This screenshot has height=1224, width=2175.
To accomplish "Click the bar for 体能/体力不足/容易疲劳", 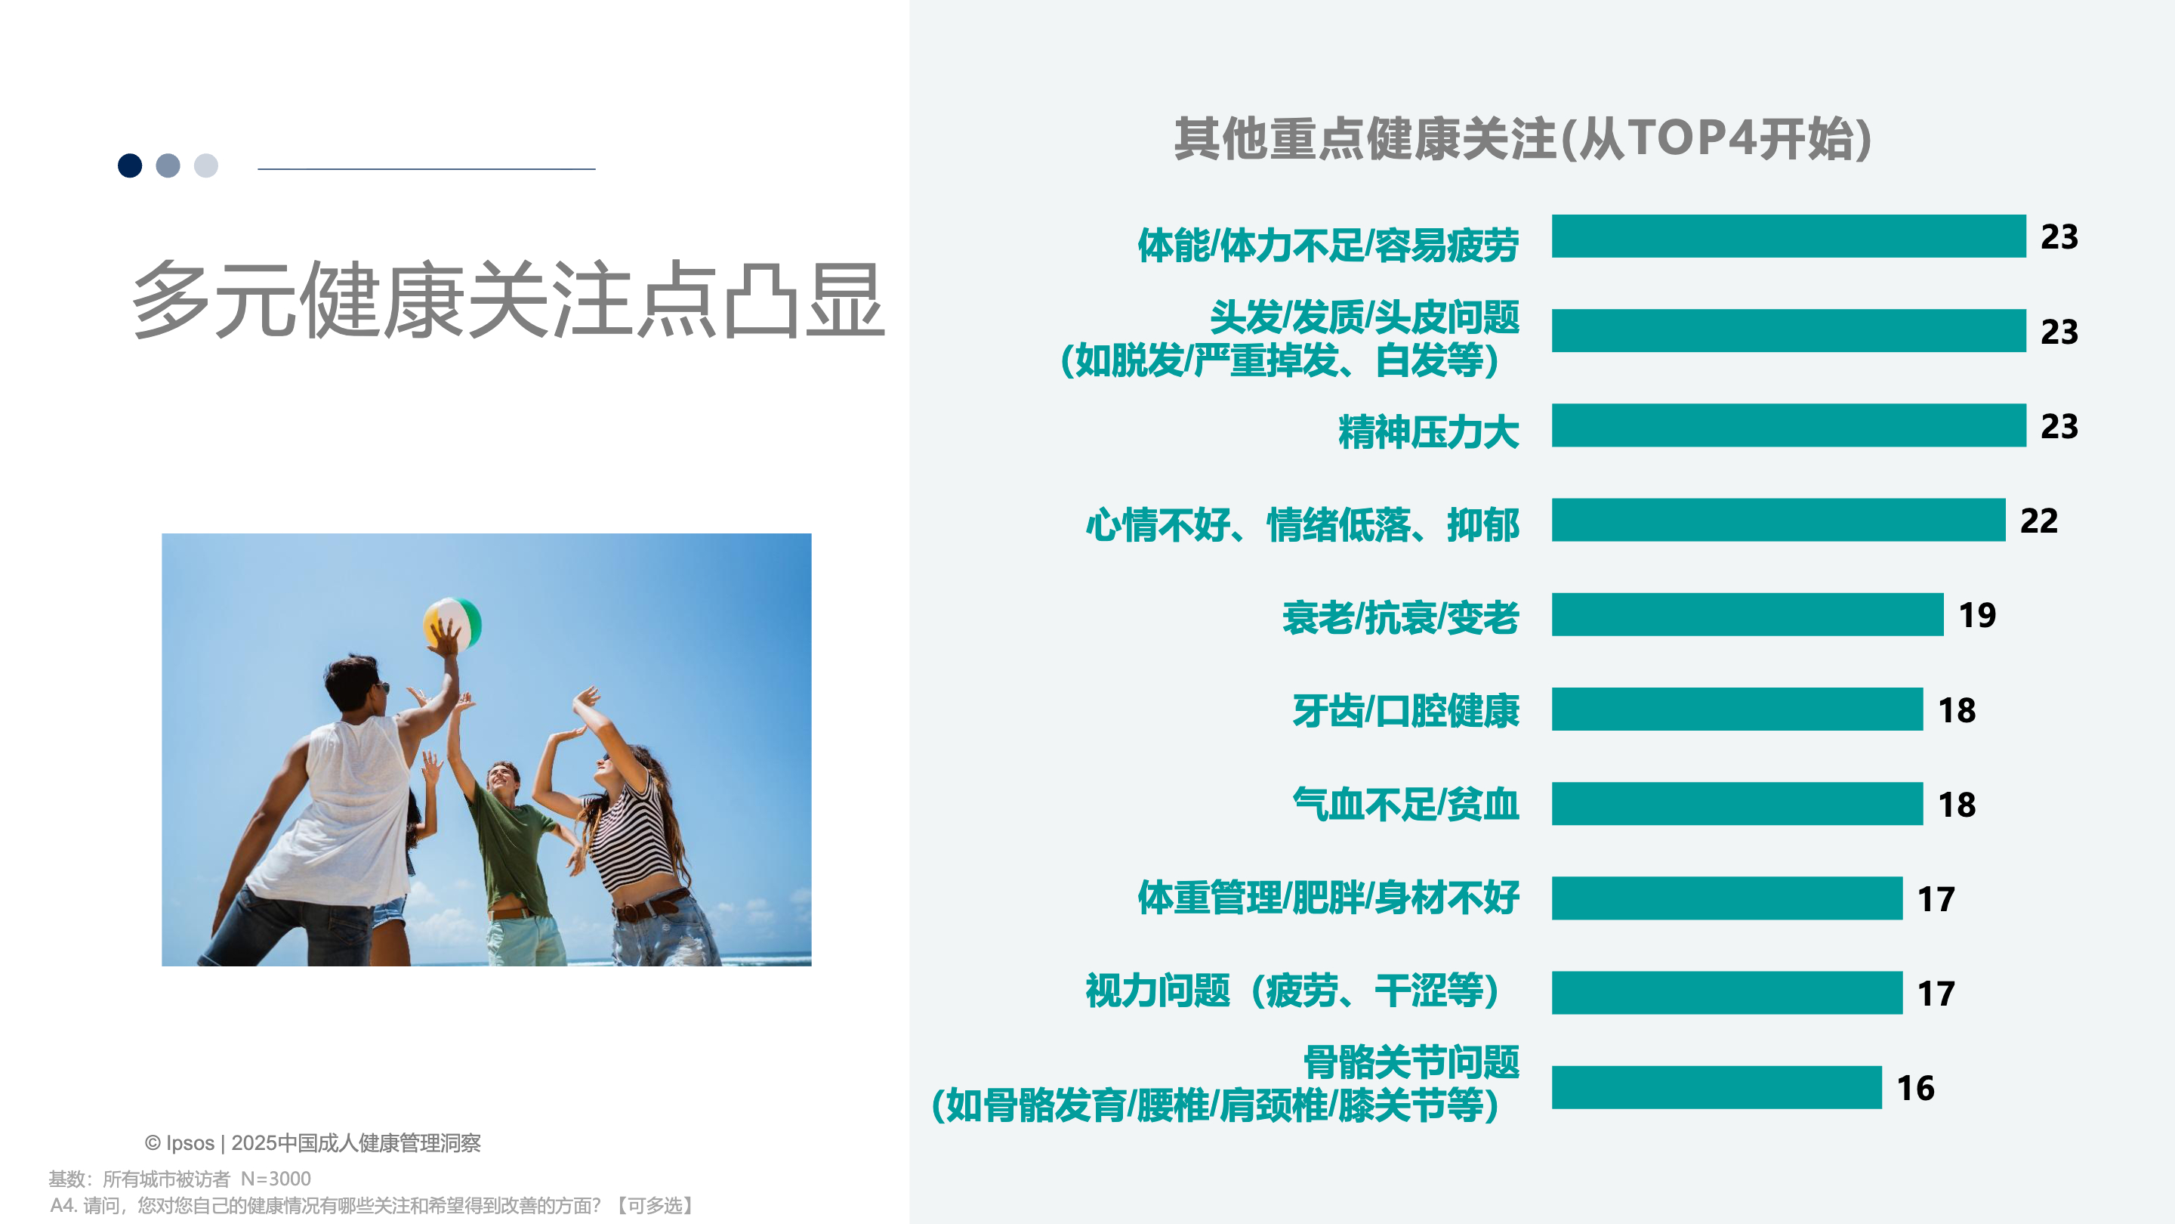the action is click(1788, 236).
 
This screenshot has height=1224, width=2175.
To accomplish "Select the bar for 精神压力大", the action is click(1788, 425).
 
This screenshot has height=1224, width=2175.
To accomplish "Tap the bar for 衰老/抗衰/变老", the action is click(1747, 614).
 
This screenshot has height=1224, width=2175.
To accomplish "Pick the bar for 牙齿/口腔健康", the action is click(1737, 709).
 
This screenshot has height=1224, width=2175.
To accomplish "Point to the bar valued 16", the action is click(1717, 1087).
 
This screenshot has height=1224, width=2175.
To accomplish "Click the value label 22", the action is click(2038, 521).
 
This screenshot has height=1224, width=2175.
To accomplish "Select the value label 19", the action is click(1976, 615).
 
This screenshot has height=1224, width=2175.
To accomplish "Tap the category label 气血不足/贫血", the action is click(1405, 803).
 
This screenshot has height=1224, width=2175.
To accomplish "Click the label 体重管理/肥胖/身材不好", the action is click(1328, 897).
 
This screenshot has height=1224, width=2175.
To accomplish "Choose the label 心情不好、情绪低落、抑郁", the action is click(1303, 524).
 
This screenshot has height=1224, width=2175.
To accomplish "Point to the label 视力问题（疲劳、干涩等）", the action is click(1293, 991).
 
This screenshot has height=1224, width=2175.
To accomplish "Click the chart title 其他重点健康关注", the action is click(1365, 138).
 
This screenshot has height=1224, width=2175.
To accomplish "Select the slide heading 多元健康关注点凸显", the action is click(508, 300).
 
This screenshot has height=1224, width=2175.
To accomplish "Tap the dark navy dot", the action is click(130, 165).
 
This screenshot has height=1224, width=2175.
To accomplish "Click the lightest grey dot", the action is click(206, 165).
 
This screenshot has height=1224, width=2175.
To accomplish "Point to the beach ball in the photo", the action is click(453, 624).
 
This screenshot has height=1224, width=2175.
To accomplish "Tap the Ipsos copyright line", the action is click(313, 1143).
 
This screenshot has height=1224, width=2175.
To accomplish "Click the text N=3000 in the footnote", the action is click(276, 1179).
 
